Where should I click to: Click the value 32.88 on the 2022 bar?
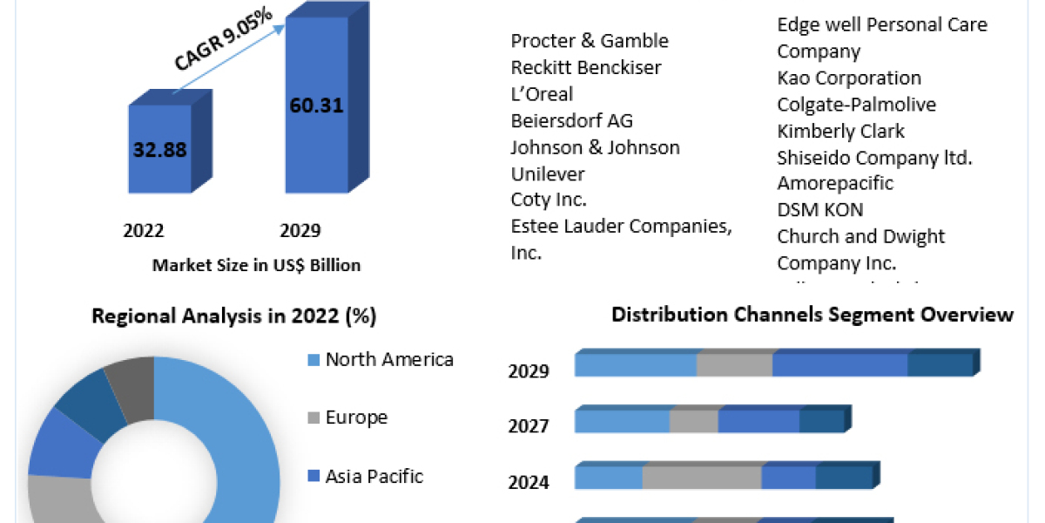coord(159,149)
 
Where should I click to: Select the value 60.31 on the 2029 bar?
coord(315,106)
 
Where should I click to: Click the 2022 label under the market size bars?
coord(144,231)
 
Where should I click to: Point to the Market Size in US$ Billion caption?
coord(256,265)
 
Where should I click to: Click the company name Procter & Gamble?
coord(590,41)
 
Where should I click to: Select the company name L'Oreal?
coord(542,94)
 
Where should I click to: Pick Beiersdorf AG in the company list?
coord(572,120)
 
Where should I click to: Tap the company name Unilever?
coord(548,173)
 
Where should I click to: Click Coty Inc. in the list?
coord(549,200)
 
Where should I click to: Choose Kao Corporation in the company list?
coord(849,78)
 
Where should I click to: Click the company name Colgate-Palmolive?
coord(857,105)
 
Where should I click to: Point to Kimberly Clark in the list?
coord(840,132)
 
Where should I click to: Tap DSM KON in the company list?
coord(820,210)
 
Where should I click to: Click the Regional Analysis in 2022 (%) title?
coord(234,316)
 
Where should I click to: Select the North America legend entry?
coord(388,359)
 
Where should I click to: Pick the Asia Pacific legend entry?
coord(374,476)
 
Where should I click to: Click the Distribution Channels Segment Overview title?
coord(812,315)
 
